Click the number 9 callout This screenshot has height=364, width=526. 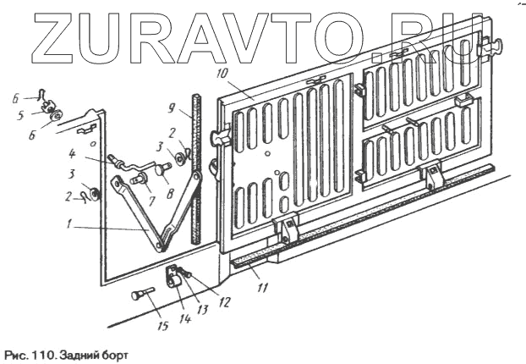pos(171,109)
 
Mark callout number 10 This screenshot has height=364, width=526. pos(222,74)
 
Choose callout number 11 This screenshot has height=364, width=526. pos(263,288)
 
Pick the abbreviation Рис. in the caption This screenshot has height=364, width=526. pos(16,355)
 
